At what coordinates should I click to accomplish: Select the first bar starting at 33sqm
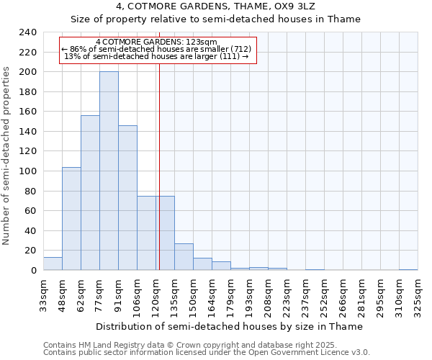coord(53,264)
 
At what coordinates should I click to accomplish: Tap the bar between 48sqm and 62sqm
coord(71,219)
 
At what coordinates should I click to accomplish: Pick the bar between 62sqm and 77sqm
coord(90,193)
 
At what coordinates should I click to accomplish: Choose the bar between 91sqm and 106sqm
coord(127,198)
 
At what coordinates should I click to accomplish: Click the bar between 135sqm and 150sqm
coord(184,257)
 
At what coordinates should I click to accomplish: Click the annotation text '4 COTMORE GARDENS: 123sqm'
coord(156,42)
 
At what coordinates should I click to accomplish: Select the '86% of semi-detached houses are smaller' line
coord(156,49)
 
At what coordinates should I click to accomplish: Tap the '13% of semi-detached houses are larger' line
coord(156,55)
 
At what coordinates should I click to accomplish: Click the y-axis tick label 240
coord(27,32)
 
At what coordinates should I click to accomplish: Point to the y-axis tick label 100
coord(27,171)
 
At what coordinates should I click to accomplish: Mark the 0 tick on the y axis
coord(33,270)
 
